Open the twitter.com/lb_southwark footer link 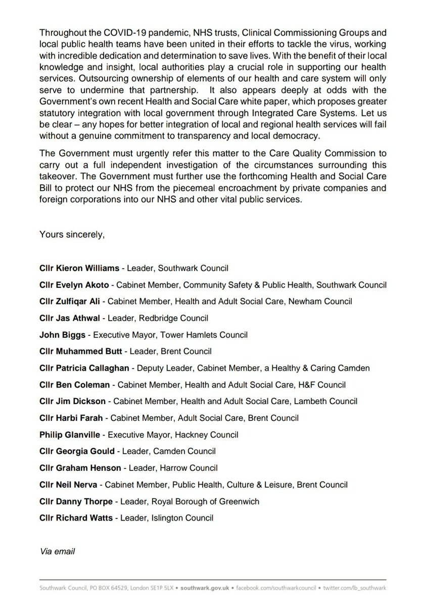(x=354, y=588)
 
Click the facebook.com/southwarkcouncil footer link (x=276, y=588)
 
